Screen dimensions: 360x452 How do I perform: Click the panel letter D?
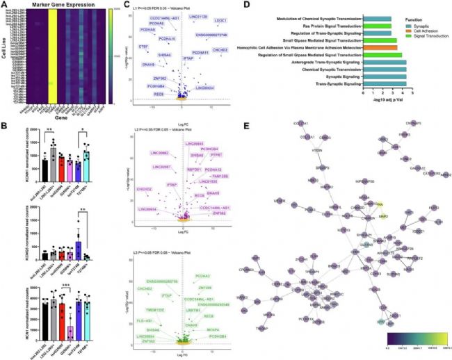click(x=238, y=5)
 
